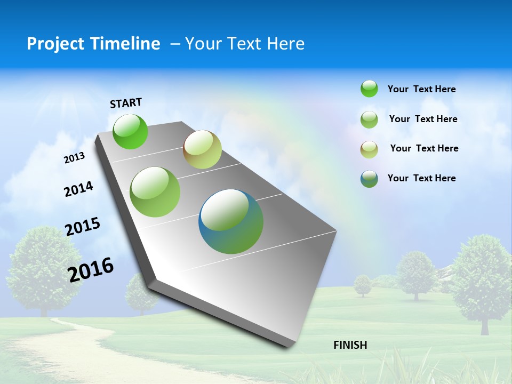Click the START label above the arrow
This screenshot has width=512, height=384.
click(x=126, y=103)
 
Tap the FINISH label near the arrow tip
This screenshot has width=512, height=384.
click(x=350, y=345)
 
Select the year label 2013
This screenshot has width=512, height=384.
click(x=74, y=158)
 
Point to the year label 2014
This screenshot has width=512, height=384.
click(x=78, y=189)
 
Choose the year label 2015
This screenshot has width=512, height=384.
click(x=83, y=227)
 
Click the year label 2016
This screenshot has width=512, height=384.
click(x=91, y=269)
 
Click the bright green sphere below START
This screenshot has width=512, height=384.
click(x=130, y=131)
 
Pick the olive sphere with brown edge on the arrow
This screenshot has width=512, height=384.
click(x=202, y=149)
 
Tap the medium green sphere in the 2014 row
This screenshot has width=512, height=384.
click(x=155, y=192)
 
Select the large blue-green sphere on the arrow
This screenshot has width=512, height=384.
click(x=231, y=221)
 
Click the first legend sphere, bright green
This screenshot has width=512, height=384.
click(x=369, y=89)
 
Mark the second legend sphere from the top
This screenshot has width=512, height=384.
click(x=369, y=119)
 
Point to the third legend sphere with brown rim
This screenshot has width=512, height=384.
click(x=369, y=149)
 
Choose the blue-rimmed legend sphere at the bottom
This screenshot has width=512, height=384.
click(x=369, y=179)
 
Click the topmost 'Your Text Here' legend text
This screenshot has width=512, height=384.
click(x=421, y=90)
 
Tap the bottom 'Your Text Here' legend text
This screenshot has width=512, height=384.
click(x=421, y=178)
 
